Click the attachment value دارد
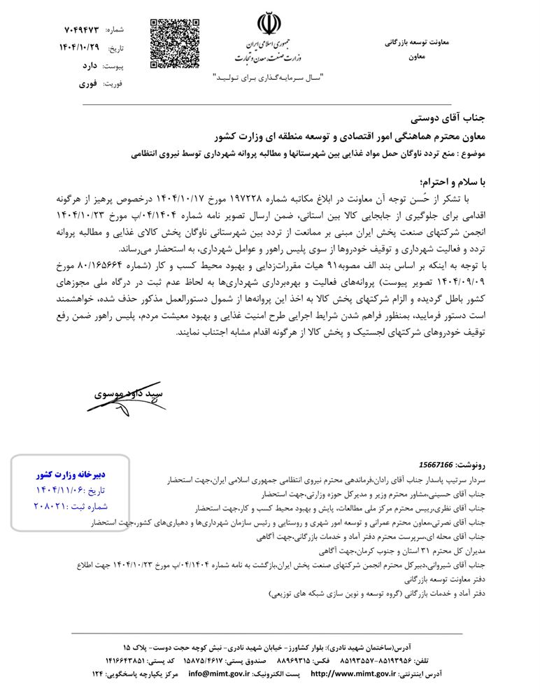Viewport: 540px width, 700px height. [87, 66]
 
